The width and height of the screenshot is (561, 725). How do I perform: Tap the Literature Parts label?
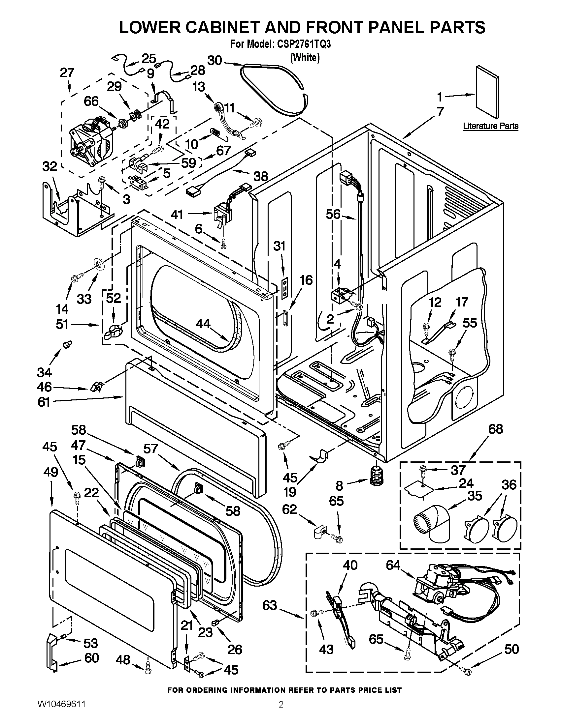pos(490,126)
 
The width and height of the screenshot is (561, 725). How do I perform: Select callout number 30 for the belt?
pos(215,61)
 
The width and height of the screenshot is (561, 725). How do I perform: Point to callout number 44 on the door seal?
pos(203,323)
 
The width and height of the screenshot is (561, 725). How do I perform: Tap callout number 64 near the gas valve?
pos(393,565)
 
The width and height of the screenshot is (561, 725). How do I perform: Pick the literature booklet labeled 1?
pos(487,96)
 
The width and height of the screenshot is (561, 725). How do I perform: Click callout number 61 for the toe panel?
pos(44,402)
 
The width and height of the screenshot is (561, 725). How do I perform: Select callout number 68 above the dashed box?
pos(496,429)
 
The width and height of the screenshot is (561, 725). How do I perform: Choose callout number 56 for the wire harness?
pos(333,215)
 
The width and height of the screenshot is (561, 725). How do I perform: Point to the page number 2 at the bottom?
pos(281,712)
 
